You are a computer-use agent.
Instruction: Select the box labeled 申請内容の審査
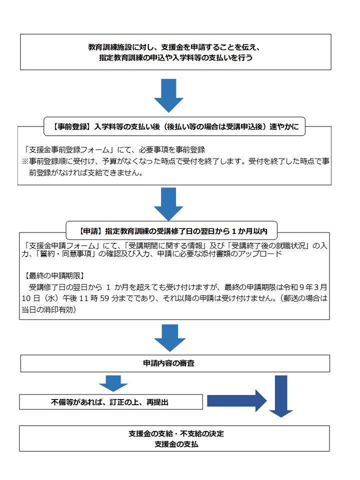click(x=175, y=363)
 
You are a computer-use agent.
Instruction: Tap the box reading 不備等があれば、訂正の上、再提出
click(x=111, y=401)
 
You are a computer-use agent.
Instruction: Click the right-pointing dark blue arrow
click(x=237, y=401)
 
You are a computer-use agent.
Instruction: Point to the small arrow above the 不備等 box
click(x=113, y=383)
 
